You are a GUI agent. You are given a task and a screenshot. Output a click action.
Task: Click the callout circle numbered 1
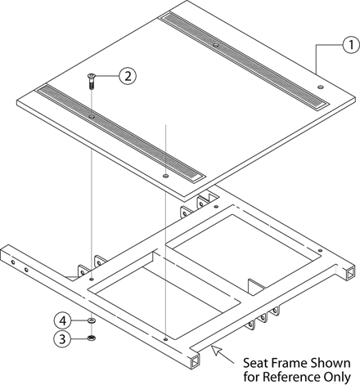tap(351, 45)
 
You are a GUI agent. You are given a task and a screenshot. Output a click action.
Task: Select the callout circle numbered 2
tap(128, 76)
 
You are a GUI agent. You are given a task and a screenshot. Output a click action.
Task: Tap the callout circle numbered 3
tap(62, 339)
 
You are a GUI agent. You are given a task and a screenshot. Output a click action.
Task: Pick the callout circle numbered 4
tap(62, 321)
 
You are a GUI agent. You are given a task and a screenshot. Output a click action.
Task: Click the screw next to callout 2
tap(91, 81)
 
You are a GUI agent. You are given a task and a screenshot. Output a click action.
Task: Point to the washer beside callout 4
tap(92, 320)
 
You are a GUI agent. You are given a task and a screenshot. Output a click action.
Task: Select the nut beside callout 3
tap(91, 338)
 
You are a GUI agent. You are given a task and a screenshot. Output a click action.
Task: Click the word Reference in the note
tap(291, 377)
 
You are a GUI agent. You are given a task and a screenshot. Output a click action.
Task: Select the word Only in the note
tap(337, 378)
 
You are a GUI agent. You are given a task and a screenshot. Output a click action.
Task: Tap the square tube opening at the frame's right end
tap(349, 273)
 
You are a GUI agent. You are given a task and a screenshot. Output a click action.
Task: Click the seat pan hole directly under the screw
tap(92, 117)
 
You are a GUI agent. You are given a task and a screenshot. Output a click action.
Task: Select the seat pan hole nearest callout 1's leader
tap(320, 87)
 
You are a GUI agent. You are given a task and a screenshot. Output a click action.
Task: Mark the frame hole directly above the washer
tap(92, 279)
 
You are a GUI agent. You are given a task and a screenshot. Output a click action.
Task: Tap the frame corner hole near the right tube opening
tap(321, 250)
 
